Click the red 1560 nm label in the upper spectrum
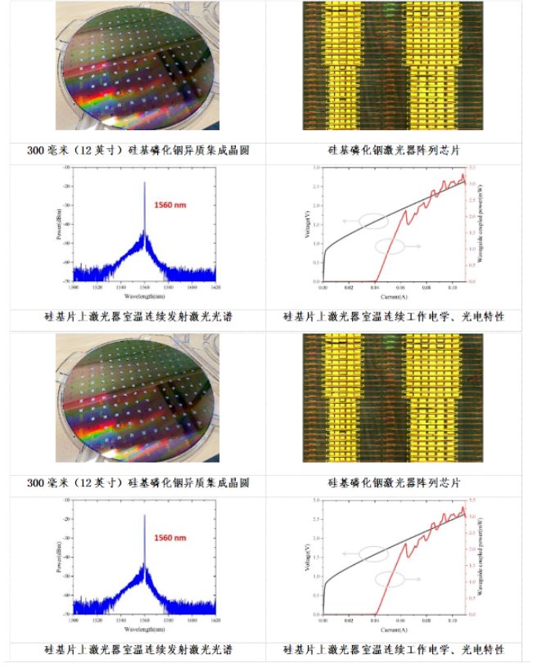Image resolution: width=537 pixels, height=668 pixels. pyautogui.click(x=170, y=204)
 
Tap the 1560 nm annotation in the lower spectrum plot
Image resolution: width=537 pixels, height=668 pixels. pyautogui.click(x=170, y=537)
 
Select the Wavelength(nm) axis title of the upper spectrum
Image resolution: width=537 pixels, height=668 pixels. pyautogui.click(x=143, y=295)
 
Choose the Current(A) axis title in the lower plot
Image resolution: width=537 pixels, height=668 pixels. pyautogui.click(x=393, y=630)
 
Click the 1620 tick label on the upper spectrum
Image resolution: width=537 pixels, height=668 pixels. pyautogui.click(x=215, y=289)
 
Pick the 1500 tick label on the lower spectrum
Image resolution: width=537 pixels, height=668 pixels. pyautogui.click(x=74, y=622)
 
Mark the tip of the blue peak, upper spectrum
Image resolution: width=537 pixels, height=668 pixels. pyautogui.click(x=145, y=182)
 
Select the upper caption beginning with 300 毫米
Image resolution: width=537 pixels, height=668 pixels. pyautogui.click(x=138, y=150)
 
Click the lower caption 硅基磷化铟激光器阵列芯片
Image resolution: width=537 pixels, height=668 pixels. pyautogui.click(x=393, y=482)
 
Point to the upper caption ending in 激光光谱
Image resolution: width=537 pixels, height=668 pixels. pyautogui.click(x=138, y=316)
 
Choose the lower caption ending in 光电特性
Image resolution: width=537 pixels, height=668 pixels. pyautogui.click(x=393, y=649)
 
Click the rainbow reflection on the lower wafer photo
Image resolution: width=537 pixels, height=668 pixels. pyautogui.click(x=90, y=441)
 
